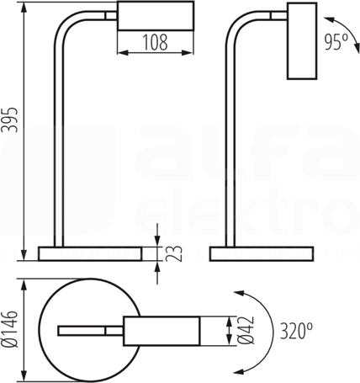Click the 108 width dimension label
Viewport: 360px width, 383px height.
click(155, 42)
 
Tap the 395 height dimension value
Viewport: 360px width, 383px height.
click(10, 120)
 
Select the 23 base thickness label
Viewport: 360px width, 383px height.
click(174, 253)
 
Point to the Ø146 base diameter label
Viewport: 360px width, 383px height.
click(10, 329)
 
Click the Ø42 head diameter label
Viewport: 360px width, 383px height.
click(246, 331)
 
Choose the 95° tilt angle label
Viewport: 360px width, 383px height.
click(336, 42)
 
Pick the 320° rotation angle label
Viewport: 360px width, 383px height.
click(297, 331)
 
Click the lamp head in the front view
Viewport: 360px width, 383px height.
click(156, 16)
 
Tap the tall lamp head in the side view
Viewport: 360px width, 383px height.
click(302, 40)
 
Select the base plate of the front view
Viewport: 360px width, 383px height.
click(90, 254)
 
